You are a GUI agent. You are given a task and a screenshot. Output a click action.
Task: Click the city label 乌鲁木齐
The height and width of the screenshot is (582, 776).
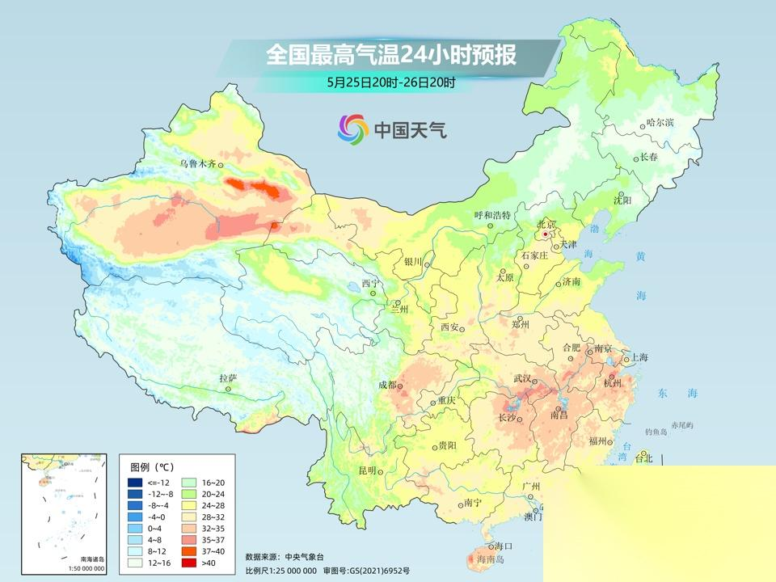[198, 163]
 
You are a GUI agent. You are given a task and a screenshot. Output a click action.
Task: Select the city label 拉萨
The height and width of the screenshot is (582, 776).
[228, 377]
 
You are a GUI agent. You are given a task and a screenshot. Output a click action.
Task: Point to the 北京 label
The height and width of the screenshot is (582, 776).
[547, 224]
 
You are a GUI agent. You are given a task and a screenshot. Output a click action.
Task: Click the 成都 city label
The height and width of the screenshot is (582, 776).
[387, 386]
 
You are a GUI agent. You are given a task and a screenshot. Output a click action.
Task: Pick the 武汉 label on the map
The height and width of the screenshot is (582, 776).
[523, 378]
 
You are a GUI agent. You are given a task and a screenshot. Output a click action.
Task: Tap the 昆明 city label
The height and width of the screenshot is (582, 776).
[368, 470]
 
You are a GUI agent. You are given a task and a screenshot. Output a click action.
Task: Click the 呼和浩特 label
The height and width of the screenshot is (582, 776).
[492, 216]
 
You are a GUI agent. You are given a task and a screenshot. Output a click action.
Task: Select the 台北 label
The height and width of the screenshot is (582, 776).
[643, 458]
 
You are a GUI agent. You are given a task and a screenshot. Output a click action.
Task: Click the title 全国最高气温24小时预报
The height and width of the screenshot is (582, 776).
[391, 56]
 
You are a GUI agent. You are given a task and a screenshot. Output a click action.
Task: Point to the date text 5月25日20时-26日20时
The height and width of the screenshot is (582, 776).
[391, 82]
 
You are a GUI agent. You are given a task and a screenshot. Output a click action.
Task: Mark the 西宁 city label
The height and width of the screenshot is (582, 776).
[369, 284]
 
